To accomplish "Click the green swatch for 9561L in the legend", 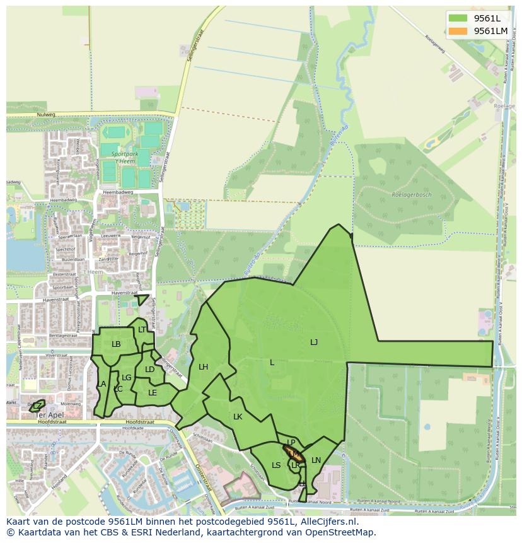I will tap(458, 18).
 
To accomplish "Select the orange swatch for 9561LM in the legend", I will tap(458, 31).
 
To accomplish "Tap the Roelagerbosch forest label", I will tap(410, 195).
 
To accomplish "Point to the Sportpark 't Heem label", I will tap(123, 158).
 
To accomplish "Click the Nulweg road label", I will tap(46, 115).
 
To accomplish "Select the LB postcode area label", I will tap(116, 344).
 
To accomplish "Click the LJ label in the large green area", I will tap(314, 342).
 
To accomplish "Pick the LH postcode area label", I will tap(203, 366).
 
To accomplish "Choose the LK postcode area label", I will tap(238, 417).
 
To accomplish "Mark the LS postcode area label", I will tap(276, 465).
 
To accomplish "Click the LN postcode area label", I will tap(316, 460).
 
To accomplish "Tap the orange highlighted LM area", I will tap(294, 453).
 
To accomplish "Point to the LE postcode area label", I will tap(152, 392).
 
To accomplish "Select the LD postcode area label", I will tap(149, 370).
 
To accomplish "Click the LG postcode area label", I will tap(126, 378).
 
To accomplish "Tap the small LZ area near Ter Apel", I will tap(38, 406).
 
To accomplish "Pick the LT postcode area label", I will tap(142, 330).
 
